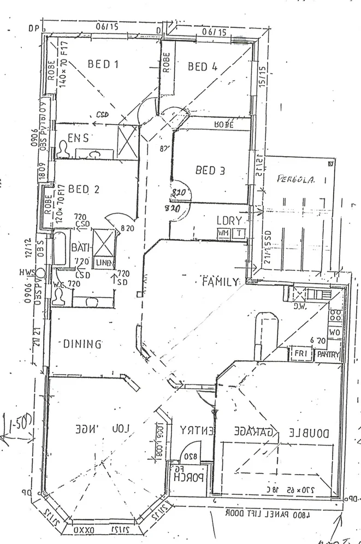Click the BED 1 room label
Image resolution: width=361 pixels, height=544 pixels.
pyautogui.click(x=103, y=64)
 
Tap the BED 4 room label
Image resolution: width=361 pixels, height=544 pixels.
pyautogui.click(x=203, y=67)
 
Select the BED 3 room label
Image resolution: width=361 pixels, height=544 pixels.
pyautogui.click(x=210, y=170)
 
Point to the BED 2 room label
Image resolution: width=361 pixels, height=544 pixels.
pyautogui.click(x=84, y=190)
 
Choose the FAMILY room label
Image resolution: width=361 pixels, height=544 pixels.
pyautogui.click(x=220, y=282)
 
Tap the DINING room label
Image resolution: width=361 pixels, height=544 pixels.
pyautogui.click(x=82, y=344)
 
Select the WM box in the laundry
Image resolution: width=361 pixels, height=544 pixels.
pyautogui.click(x=223, y=233)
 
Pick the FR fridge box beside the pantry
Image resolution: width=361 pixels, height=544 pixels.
pyautogui.click(x=299, y=354)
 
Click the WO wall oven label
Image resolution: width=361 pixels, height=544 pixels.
pyautogui.click(x=334, y=332)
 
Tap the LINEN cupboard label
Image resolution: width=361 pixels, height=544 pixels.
pyautogui.click(x=104, y=263)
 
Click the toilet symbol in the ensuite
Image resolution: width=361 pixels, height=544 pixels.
pyautogui.click(x=64, y=149)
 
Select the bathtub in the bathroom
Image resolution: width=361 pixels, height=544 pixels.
pyautogui.click(x=59, y=249)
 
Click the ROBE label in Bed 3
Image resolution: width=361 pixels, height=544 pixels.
pyautogui.click(x=223, y=125)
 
